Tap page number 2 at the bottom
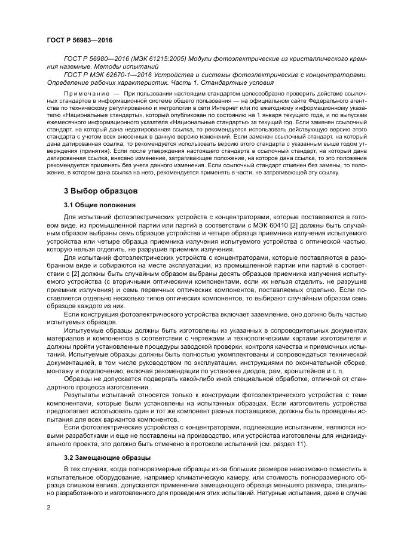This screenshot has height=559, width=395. tap(48, 506)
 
